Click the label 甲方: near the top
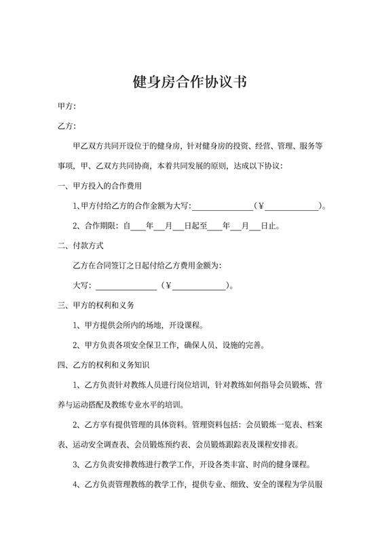pos(66,107)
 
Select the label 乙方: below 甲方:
pos(66,127)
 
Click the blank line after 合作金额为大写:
pos(223,207)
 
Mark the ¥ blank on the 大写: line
pos(201,285)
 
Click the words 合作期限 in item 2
pos(98,226)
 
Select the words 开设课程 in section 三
pos(185,325)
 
